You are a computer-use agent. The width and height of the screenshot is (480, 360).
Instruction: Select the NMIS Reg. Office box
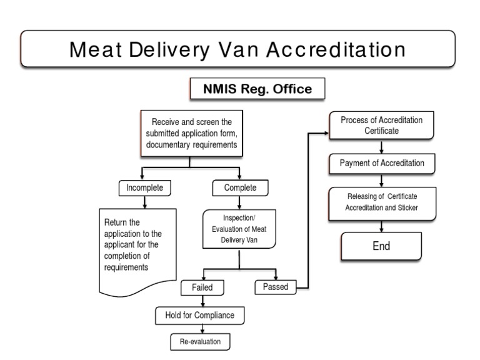(x=257, y=89)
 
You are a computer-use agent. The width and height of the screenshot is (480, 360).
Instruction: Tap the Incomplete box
(x=145, y=187)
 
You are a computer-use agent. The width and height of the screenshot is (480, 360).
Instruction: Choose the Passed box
(x=276, y=287)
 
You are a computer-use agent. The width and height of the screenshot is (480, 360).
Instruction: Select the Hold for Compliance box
(x=200, y=315)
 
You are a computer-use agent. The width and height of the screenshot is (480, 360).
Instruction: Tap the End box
(x=381, y=246)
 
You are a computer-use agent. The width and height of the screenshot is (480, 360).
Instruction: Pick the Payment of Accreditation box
(x=382, y=163)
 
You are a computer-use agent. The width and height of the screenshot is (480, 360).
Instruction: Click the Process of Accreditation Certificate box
(x=381, y=126)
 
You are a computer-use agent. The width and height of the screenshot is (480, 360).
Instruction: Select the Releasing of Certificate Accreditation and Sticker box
(x=382, y=202)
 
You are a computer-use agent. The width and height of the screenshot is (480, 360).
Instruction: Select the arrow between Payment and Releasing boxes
(x=382, y=181)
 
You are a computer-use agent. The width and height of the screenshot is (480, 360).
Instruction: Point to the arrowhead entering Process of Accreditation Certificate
(x=326, y=132)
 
